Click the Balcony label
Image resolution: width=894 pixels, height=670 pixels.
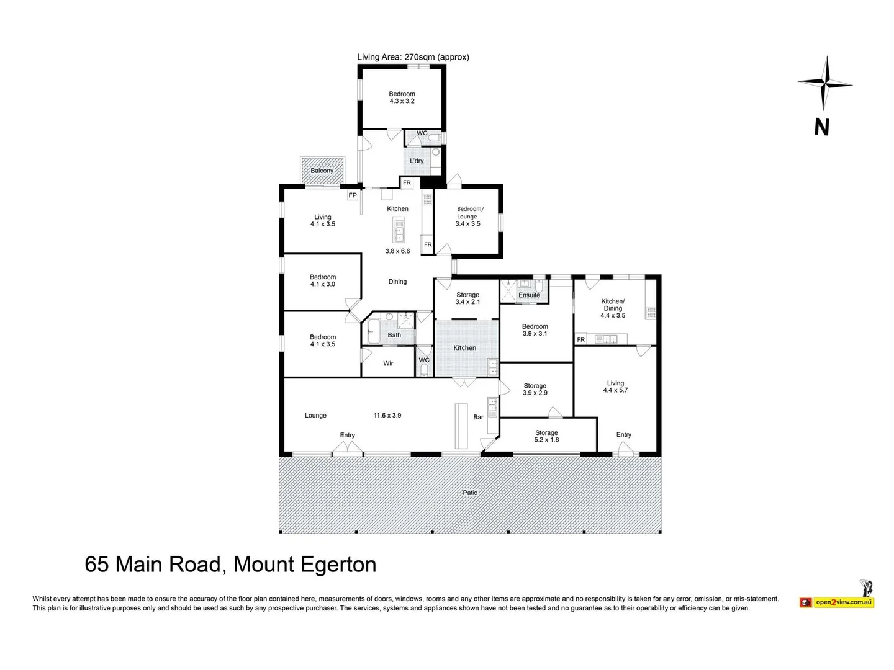[x=322, y=171]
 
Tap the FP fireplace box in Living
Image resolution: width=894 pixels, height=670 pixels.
[x=353, y=195]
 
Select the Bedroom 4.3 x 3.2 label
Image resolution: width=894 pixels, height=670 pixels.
[x=402, y=97]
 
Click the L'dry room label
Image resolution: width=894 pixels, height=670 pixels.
[x=417, y=161]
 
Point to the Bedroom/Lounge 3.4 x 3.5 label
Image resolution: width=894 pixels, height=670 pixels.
[x=468, y=217]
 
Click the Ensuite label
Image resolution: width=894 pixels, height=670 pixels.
[x=529, y=295]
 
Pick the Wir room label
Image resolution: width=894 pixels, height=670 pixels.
[x=388, y=364]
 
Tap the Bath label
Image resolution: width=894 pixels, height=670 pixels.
[x=394, y=335]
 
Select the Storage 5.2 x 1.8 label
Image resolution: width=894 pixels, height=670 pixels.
[x=546, y=436]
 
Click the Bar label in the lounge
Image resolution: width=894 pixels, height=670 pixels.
[x=478, y=417]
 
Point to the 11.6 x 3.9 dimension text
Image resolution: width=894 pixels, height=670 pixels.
[x=387, y=416]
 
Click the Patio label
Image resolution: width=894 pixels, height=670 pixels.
[x=470, y=493]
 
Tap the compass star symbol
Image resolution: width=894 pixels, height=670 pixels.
[x=825, y=83]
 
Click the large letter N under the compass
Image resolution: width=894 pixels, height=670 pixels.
[x=821, y=127]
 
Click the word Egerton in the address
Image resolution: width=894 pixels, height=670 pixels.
[x=338, y=565]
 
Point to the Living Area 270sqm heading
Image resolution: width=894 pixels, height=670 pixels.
[x=413, y=57]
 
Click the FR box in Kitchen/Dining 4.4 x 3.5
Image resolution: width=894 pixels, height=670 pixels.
[x=581, y=340]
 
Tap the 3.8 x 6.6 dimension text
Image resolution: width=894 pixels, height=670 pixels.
[x=397, y=251]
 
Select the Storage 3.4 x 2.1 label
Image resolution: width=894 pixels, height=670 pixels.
[x=467, y=298]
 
